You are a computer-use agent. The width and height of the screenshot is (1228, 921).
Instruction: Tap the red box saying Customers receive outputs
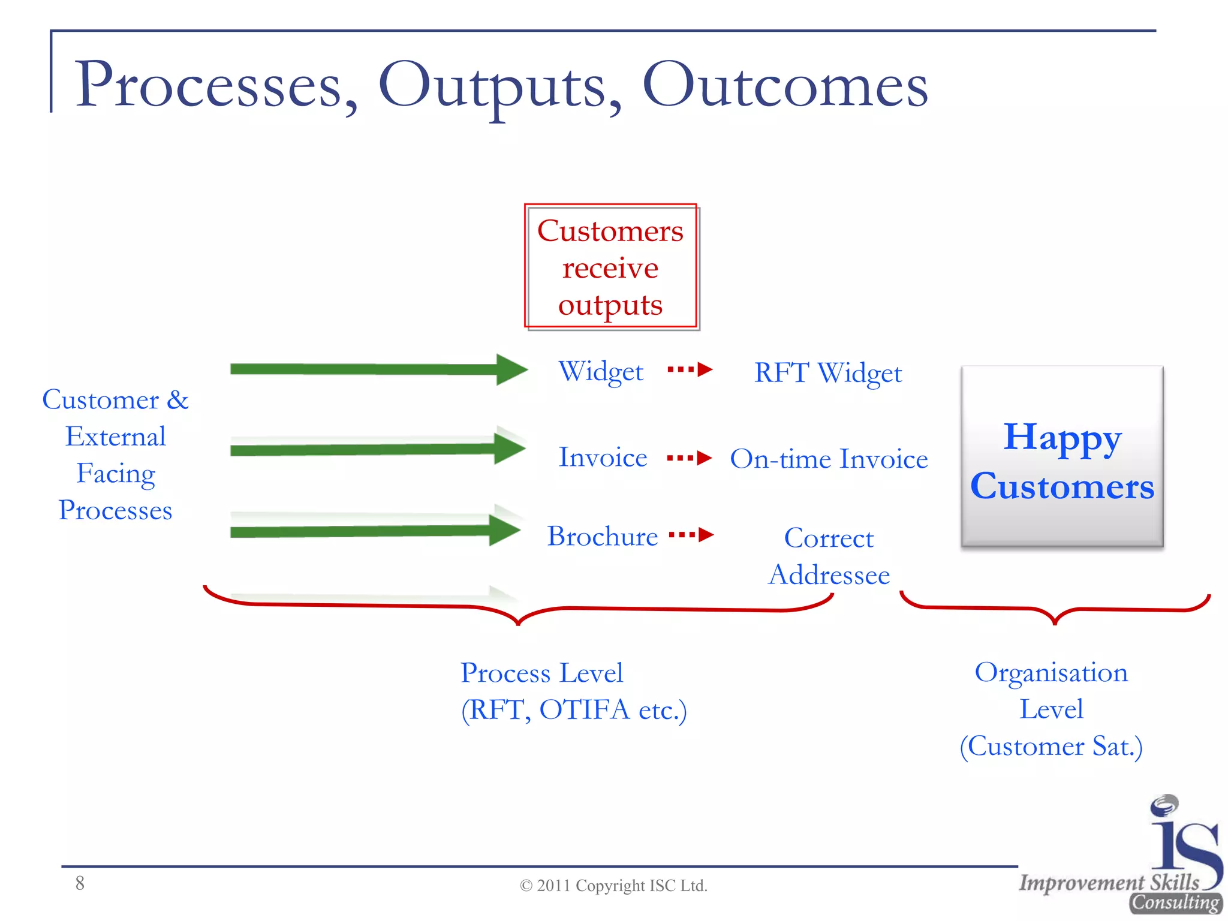(x=610, y=267)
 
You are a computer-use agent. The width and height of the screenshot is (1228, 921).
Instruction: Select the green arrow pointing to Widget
(x=378, y=369)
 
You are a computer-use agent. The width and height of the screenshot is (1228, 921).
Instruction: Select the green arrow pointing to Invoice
(x=378, y=449)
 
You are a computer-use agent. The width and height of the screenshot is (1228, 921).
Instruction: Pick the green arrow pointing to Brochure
(x=375, y=531)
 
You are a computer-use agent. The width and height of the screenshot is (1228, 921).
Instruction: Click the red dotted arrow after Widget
(x=690, y=369)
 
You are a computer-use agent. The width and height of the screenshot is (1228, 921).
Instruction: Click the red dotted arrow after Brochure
(x=691, y=534)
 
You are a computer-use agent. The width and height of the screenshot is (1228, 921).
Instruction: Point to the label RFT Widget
(x=827, y=373)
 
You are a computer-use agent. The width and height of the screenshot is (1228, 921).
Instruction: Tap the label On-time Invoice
(x=829, y=459)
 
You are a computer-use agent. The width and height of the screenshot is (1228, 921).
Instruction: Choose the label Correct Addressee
(x=829, y=556)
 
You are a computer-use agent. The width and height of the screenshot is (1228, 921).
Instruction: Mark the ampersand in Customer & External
(x=177, y=400)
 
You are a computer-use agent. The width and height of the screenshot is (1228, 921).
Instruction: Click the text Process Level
(x=541, y=673)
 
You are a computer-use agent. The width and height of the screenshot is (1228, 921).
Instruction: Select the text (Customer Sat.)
(x=1051, y=747)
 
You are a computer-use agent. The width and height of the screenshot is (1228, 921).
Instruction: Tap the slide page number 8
(x=80, y=883)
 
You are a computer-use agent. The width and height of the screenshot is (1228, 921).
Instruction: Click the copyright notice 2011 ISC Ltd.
(x=613, y=886)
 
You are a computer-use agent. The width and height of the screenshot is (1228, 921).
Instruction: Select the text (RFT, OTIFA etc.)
(x=574, y=710)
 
